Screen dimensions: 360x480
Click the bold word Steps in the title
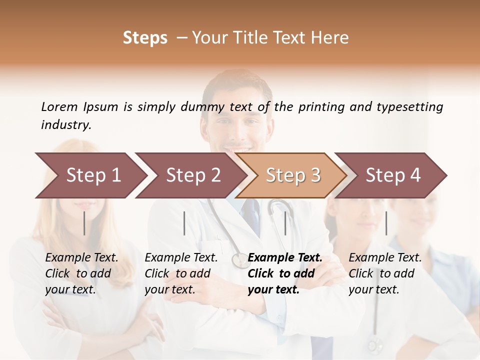[145, 38]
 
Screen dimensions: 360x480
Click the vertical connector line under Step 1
[84, 223]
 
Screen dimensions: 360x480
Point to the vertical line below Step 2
[184, 223]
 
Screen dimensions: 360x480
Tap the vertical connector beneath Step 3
[285, 223]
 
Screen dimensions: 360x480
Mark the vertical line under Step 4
[386, 223]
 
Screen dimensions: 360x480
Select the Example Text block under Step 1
[81, 273]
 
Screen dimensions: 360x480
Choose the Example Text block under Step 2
[181, 273]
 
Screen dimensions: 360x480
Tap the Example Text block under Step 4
[385, 273]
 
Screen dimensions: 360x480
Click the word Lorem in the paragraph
[59, 106]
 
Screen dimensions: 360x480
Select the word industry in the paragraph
[65, 124]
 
